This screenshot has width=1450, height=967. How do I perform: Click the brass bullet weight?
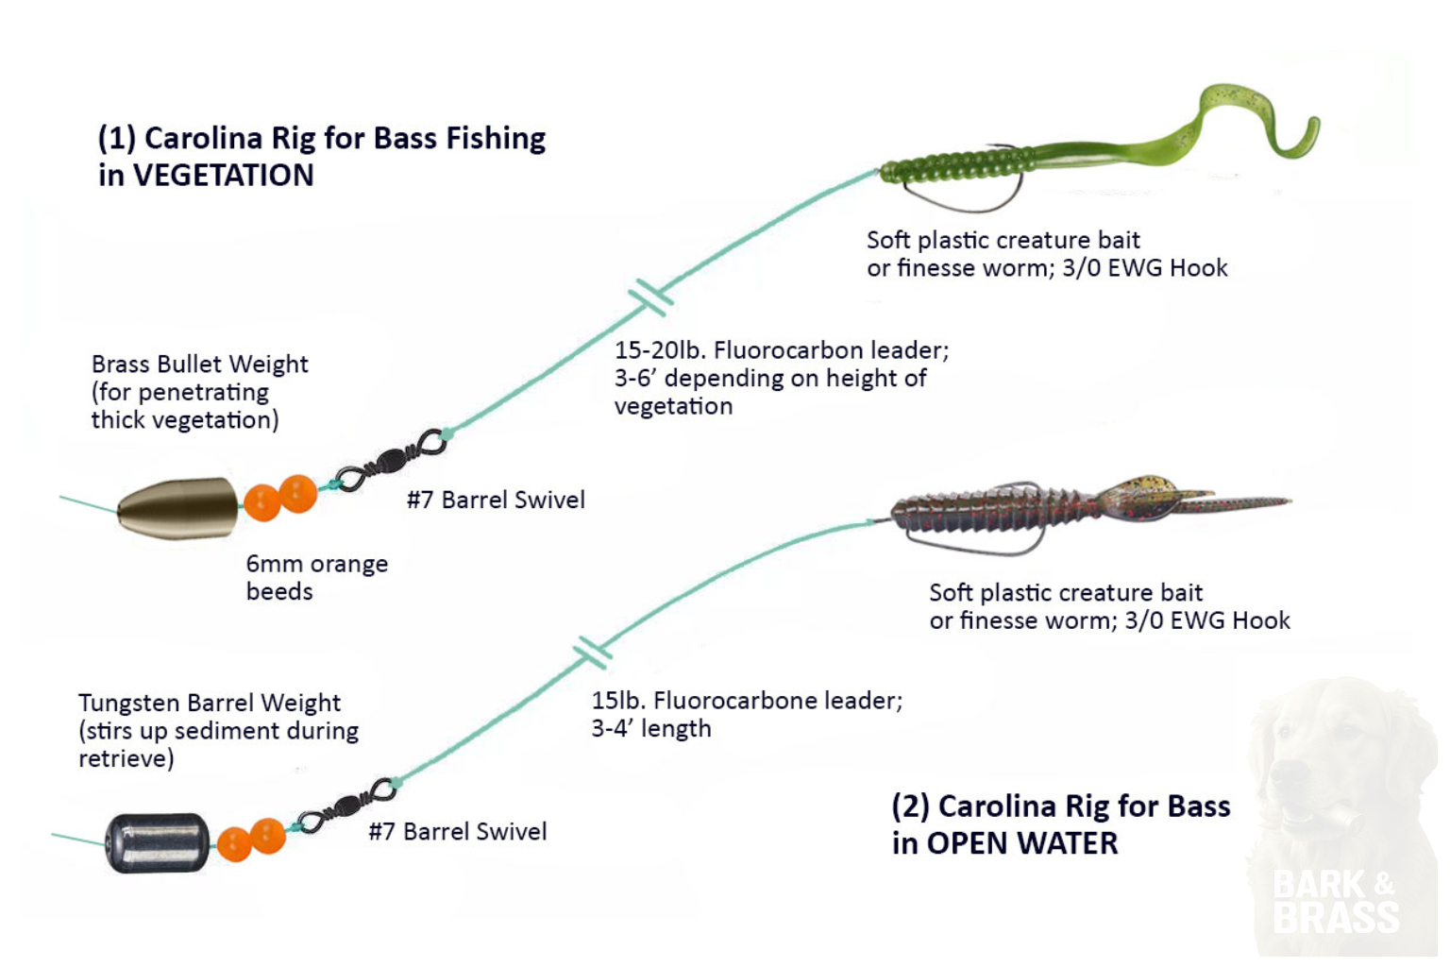point(177,508)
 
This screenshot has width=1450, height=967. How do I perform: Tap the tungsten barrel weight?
point(157,842)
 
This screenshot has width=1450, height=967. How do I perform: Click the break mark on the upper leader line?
point(651,297)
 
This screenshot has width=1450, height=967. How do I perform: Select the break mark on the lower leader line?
point(592,653)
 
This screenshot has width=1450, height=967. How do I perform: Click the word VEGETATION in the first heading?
point(223,176)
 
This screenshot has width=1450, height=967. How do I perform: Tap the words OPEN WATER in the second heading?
point(1021,843)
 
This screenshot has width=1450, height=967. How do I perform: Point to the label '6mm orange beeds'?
point(316,577)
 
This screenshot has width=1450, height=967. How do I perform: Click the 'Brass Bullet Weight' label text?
point(199,365)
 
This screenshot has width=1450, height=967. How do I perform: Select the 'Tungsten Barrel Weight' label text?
point(209,704)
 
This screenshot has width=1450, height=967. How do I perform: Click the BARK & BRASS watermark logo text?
point(1334,902)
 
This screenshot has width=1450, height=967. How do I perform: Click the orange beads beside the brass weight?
point(280,498)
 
